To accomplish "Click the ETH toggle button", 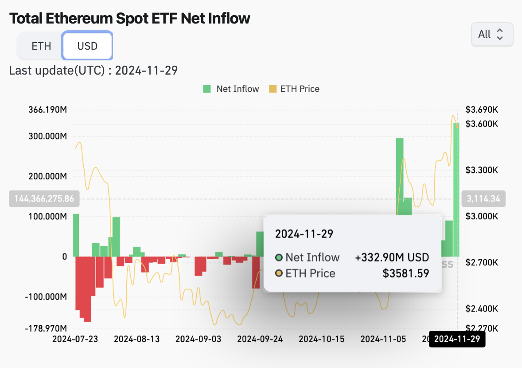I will pyautogui.click(x=41, y=46).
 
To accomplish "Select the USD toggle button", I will pyautogui.click(x=87, y=46).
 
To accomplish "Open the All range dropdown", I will pyautogui.click(x=492, y=34).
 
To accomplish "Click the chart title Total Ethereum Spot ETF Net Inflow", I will pyautogui.click(x=129, y=18).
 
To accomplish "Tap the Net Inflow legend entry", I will pyautogui.click(x=231, y=89).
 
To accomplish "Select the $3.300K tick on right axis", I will pyautogui.click(x=482, y=170).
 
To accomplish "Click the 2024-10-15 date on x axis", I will pyautogui.click(x=321, y=339).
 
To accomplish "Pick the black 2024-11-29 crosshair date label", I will pyautogui.click(x=457, y=340).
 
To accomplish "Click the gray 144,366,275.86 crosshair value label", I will pyautogui.click(x=44, y=199).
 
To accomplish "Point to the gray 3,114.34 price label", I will pyautogui.click(x=483, y=199).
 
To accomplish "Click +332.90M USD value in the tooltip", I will pyautogui.click(x=392, y=257).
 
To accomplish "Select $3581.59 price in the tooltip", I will pyautogui.click(x=406, y=273).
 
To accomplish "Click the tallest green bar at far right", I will pyautogui.click(x=456, y=191).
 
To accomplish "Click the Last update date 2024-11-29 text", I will pyautogui.click(x=146, y=71).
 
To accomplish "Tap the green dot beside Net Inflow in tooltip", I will pyautogui.click(x=279, y=257).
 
